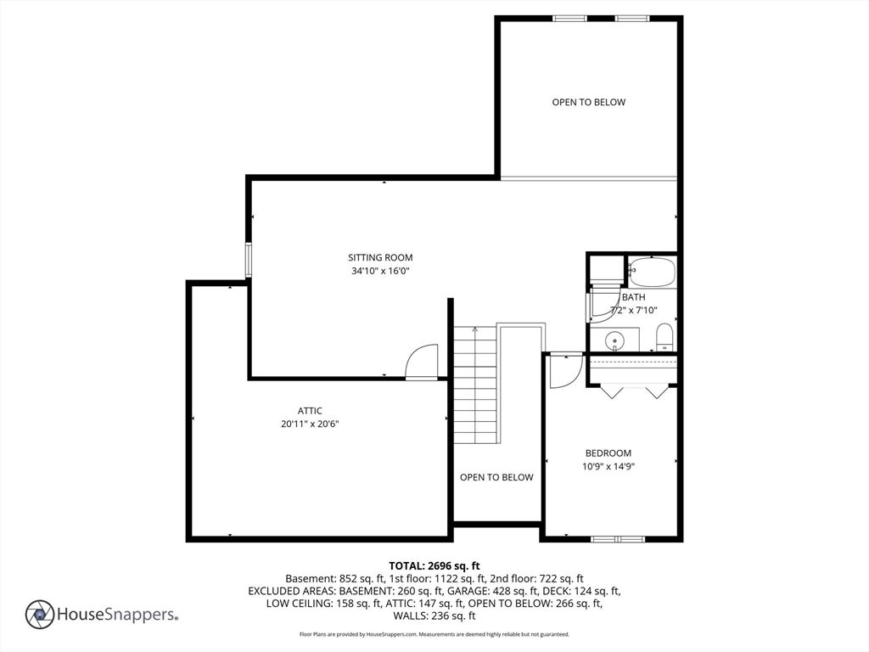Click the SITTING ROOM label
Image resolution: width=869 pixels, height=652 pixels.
click(380, 257)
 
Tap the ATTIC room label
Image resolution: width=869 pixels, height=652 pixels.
click(310, 411)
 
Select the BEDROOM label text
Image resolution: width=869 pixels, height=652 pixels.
click(608, 453)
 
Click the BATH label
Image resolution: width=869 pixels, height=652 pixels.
click(633, 297)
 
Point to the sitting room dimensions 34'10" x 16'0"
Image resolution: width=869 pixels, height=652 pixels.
click(380, 271)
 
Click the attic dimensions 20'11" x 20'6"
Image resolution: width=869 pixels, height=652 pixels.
click(310, 424)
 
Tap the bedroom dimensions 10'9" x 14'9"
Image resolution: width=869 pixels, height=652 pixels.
click(608, 466)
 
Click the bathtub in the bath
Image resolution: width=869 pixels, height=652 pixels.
click(652, 272)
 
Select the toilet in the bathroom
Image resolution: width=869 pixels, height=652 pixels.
click(664, 337)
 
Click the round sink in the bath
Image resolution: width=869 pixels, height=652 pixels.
click(614, 340)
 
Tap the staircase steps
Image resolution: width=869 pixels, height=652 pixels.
click(475, 385)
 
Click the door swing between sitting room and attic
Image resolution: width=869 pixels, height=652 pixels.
click(422, 362)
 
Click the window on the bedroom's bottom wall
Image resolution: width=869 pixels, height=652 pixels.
click(618, 539)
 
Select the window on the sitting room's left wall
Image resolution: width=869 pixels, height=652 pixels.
click(249, 260)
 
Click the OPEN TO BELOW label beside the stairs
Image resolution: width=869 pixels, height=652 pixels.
click(496, 477)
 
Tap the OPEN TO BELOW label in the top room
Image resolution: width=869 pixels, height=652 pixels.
click(589, 102)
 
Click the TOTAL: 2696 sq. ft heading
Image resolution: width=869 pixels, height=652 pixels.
click(434, 566)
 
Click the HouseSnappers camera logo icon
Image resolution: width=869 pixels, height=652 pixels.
click(40, 615)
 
